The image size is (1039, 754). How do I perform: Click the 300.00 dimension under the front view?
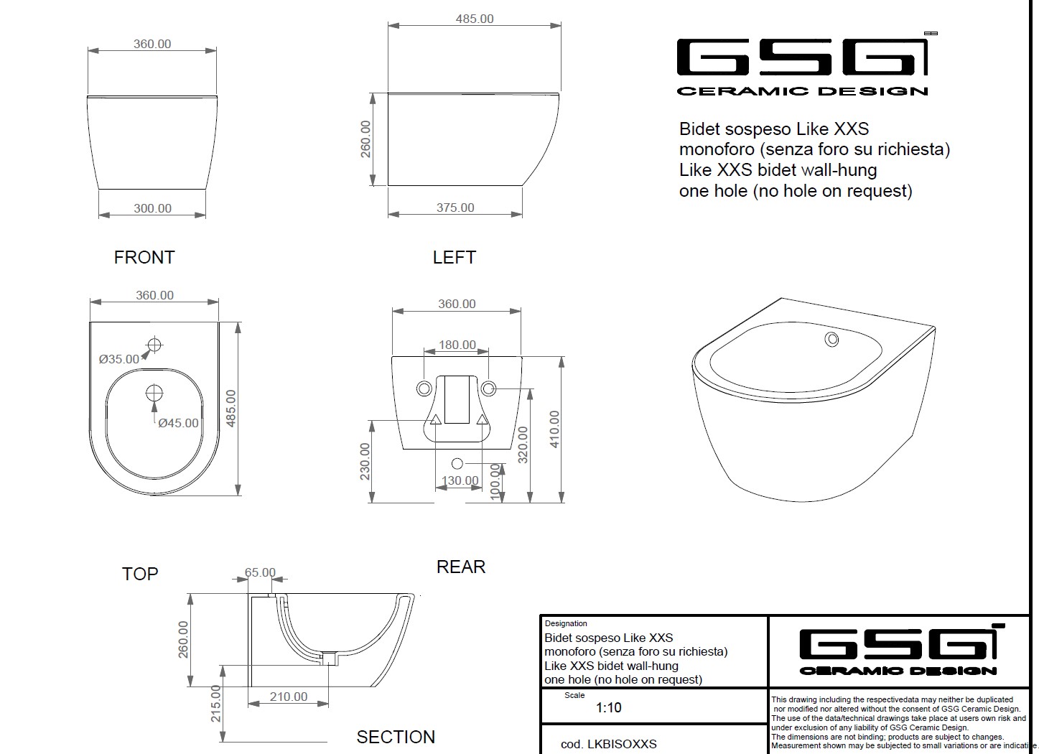153,208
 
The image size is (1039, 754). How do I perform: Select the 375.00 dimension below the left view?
455,208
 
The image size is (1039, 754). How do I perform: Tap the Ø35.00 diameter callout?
118,359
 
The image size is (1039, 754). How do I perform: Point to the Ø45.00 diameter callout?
178,423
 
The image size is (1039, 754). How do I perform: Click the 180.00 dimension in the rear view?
457,345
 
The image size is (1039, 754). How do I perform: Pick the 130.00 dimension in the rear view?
460,480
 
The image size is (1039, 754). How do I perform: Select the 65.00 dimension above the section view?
260,572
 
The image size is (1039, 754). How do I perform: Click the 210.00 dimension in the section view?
289,697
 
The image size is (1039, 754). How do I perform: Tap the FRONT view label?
144,258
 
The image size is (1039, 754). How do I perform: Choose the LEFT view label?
454,258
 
